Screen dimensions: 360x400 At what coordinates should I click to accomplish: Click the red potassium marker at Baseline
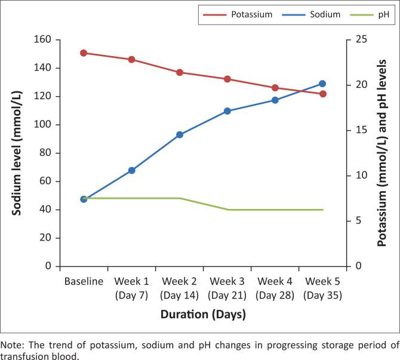click(84, 53)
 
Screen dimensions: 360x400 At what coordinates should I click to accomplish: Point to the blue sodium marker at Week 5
click(322, 84)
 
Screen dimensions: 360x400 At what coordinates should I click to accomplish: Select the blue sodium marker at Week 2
click(179, 135)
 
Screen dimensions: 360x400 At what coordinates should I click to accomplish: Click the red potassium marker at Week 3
click(227, 79)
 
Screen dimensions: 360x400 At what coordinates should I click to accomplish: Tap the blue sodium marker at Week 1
click(131, 171)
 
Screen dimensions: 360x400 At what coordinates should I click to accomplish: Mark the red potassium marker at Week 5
click(322, 94)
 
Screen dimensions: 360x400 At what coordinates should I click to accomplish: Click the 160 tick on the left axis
click(44, 40)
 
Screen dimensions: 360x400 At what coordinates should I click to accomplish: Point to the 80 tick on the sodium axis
click(47, 153)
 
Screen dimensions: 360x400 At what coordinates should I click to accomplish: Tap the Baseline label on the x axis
click(84, 281)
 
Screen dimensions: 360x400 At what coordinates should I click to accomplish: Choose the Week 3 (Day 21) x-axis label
click(227, 287)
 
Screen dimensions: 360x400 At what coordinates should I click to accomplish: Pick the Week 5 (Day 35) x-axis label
click(322, 287)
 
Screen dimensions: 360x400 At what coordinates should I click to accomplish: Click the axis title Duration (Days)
click(203, 313)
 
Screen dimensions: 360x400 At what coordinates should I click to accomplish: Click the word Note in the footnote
click(11, 345)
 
